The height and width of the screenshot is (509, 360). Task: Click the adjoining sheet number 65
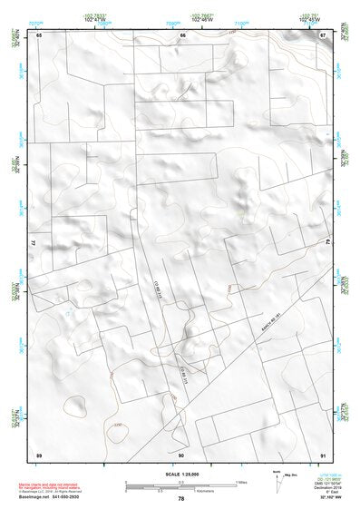pyautogui.click(x=39, y=34)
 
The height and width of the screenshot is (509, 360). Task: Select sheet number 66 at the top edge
pyautogui.click(x=182, y=34)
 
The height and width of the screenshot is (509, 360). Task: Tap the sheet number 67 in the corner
pyautogui.click(x=322, y=34)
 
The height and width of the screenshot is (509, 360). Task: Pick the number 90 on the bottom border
pyautogui.click(x=181, y=454)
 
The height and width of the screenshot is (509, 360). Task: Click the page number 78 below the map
pyautogui.click(x=181, y=499)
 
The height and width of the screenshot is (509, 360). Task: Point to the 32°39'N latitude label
pyautogui.click(x=15, y=42)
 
